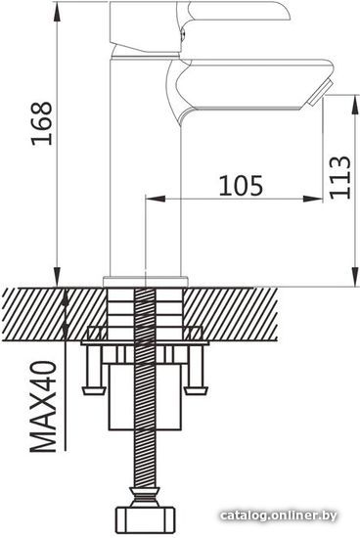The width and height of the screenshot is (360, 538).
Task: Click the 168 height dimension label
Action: click(42, 123)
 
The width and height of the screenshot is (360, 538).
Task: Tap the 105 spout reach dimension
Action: click(242, 185)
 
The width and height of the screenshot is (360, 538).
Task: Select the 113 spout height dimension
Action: click(340, 177)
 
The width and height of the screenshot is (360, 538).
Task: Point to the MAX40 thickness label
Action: click(44, 406)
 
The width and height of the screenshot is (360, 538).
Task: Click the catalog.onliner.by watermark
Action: click(279, 516)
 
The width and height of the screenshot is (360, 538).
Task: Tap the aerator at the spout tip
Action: click(318, 92)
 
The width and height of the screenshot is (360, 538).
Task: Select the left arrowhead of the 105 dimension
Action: click(156, 199)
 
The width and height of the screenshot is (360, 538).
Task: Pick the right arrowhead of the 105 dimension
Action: click(313, 199)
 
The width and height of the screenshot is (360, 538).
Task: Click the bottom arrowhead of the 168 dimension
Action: click(58, 276)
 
